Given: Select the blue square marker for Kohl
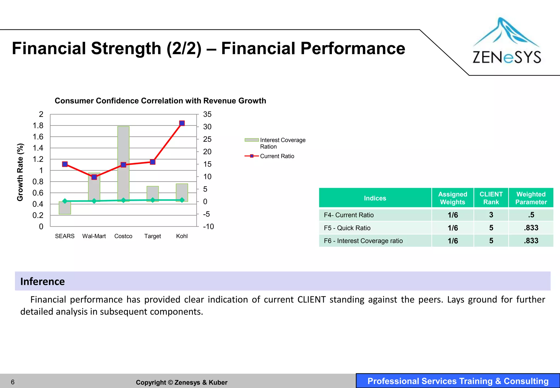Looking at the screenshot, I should tap(182, 123).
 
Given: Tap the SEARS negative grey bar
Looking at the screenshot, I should tap(65, 208).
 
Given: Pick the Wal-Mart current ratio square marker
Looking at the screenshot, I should tap(94, 177).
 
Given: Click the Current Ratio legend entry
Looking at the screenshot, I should tap(277, 156).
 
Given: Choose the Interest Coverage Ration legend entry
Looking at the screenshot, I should tap(282, 143).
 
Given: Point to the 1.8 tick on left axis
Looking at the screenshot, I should tap(38, 126).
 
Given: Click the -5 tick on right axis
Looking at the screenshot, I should tap(206, 214).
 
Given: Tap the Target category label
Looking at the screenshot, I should tap(153, 236).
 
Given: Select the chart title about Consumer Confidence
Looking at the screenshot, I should tap(160, 101).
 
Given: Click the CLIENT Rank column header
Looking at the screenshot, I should tap(491, 198).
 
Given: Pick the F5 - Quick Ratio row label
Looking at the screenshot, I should tap(347, 228).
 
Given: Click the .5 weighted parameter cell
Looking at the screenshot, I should tap(531, 215).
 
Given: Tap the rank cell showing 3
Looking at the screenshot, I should tap(491, 215).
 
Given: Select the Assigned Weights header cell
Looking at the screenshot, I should tap(453, 198).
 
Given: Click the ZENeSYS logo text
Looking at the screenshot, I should tap(507, 57).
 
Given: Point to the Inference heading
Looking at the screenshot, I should tap(43, 281).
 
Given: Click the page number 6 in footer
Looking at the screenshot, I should tap(13, 382).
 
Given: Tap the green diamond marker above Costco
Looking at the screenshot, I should tap(123, 200).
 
